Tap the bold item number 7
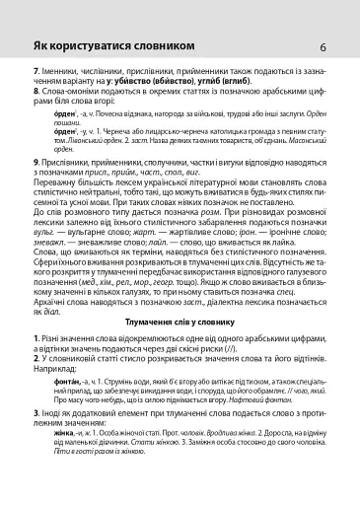(35, 73)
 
